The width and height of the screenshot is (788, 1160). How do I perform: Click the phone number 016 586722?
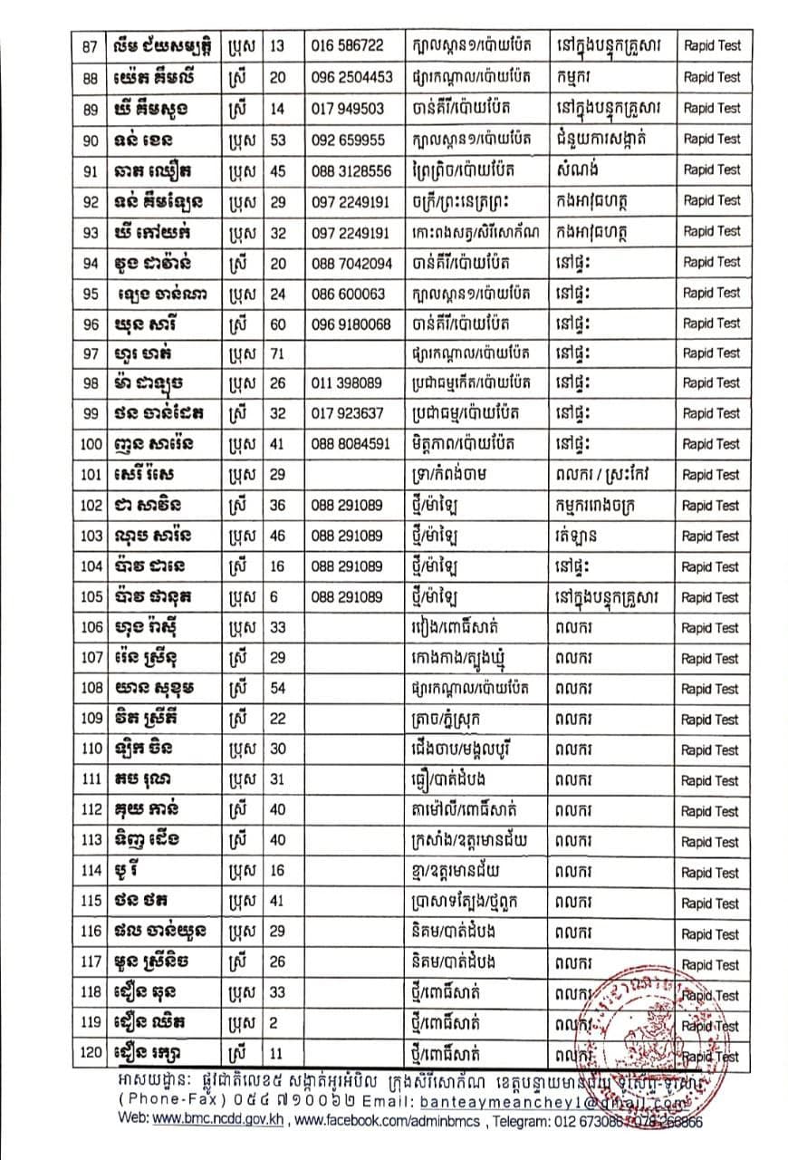point(347,46)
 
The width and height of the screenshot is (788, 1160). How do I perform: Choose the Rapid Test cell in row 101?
point(711,475)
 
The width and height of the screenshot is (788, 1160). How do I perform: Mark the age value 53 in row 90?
point(277,139)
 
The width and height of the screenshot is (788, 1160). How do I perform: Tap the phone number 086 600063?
point(348,293)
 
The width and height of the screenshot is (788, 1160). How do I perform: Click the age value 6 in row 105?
point(274,597)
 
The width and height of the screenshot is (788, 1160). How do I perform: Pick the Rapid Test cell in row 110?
point(711,750)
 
